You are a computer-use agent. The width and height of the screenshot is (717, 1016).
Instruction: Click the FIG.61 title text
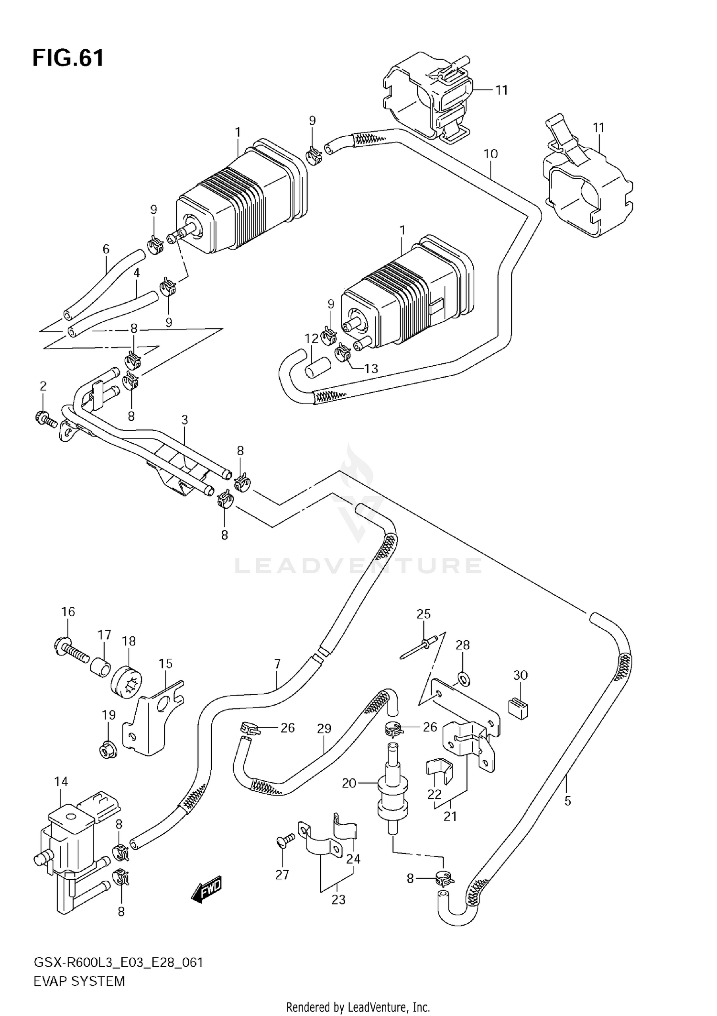click(x=68, y=58)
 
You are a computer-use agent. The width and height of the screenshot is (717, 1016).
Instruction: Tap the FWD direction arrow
click(x=207, y=889)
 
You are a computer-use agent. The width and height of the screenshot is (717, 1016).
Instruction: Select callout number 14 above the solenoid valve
click(x=61, y=782)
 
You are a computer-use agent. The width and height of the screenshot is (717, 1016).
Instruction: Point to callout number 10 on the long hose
click(x=490, y=154)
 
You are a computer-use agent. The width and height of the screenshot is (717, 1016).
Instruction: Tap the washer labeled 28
click(x=463, y=678)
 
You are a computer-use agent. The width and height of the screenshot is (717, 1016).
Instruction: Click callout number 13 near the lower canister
click(x=371, y=368)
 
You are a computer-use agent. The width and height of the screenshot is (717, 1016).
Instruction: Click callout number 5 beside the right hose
click(x=567, y=801)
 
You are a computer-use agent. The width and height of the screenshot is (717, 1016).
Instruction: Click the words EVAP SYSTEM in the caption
click(x=79, y=981)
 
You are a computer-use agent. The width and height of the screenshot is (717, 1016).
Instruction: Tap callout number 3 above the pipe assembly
click(x=185, y=420)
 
